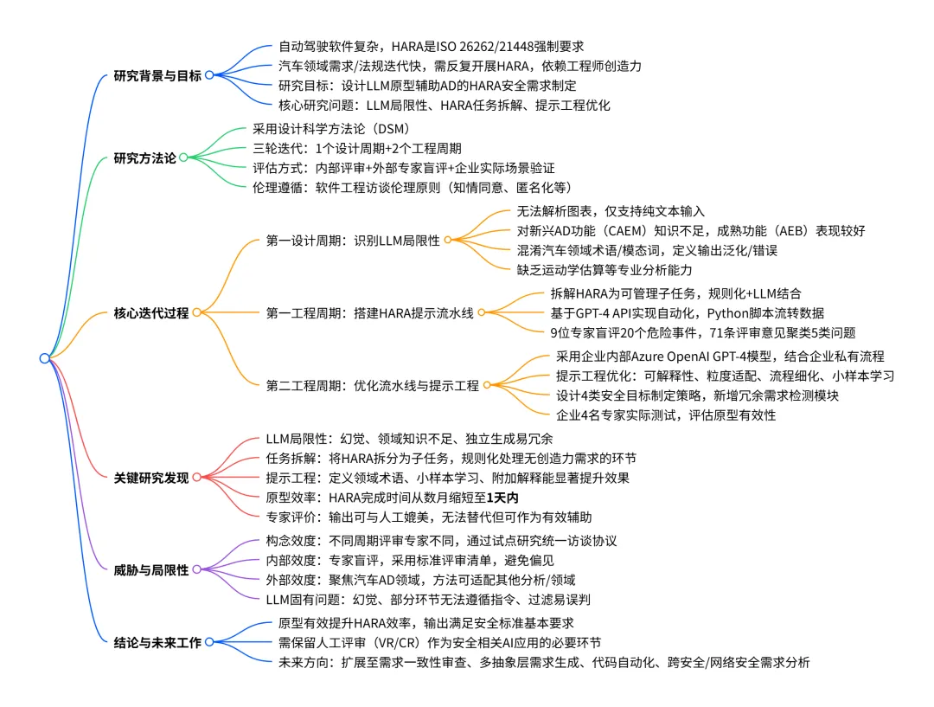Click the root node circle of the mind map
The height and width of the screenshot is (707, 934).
(x=44, y=358)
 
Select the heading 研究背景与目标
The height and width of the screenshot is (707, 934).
(x=157, y=75)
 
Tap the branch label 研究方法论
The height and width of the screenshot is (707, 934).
(x=144, y=158)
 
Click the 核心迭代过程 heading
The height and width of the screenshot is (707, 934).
(x=150, y=313)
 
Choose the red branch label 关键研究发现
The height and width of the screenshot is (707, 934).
(x=150, y=477)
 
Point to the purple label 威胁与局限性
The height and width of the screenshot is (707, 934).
(x=150, y=570)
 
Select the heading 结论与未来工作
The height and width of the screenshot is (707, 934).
(x=157, y=643)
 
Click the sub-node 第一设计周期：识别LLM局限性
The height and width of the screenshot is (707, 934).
(x=352, y=240)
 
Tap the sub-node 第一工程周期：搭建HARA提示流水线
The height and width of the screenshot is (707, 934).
(x=369, y=312)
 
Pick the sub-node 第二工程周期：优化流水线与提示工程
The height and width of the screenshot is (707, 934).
(x=372, y=386)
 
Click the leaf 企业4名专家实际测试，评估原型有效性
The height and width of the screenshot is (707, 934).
(x=665, y=415)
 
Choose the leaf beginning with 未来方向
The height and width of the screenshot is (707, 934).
(x=544, y=663)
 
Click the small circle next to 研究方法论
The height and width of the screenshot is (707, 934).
(x=183, y=158)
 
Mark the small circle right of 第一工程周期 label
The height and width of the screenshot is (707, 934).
(x=483, y=312)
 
